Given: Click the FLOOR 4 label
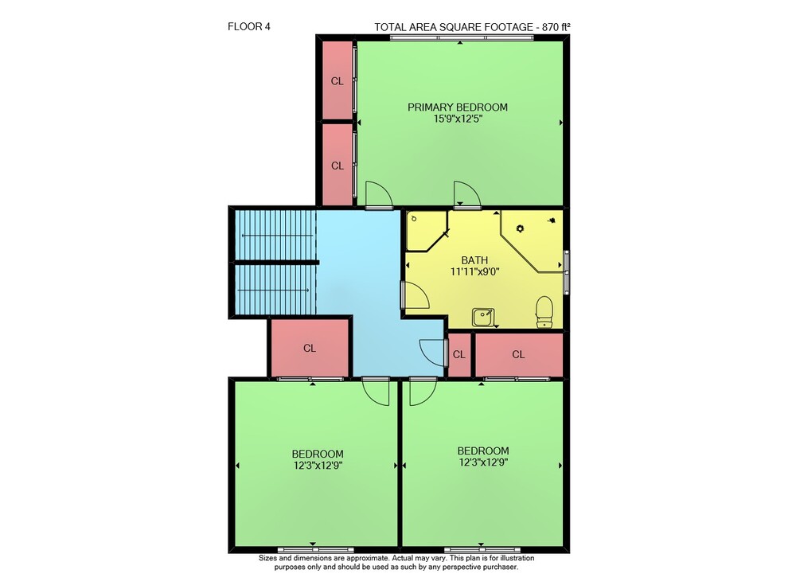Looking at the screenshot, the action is pyautogui.click(x=248, y=27).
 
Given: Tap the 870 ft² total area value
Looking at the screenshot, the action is pyautogui.click(x=556, y=27).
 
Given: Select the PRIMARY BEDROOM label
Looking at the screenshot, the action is pyautogui.click(x=458, y=107).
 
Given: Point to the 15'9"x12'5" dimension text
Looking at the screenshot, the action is pyautogui.click(x=458, y=119).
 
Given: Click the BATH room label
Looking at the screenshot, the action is pyautogui.click(x=474, y=260).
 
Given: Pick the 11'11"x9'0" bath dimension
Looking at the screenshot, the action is pyautogui.click(x=474, y=271).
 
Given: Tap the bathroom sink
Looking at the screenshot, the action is pyautogui.click(x=483, y=318).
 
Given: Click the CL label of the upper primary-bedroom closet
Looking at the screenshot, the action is pyautogui.click(x=337, y=81).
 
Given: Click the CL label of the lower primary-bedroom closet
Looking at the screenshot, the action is pyautogui.click(x=337, y=166).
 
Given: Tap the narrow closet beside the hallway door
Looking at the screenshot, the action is pyautogui.click(x=459, y=354).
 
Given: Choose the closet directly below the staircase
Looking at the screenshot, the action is pyautogui.click(x=310, y=349).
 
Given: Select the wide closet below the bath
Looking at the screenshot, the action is pyautogui.click(x=518, y=354).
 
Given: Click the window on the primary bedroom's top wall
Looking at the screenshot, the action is pyautogui.click(x=462, y=38).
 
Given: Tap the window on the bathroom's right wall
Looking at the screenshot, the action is pyautogui.click(x=567, y=271).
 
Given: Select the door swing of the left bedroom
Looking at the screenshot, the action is pyautogui.click(x=376, y=392).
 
